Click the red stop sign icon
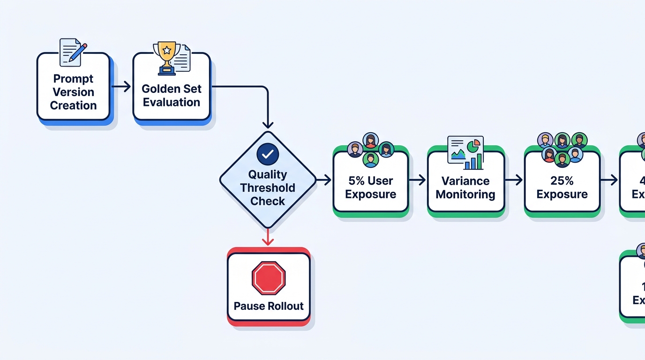269,278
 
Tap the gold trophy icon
167,57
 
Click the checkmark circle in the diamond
268,154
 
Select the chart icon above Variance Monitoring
465,152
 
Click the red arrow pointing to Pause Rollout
268,237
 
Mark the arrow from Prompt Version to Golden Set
121,86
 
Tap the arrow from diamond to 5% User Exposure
323,180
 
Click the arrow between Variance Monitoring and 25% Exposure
514,180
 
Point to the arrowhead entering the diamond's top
268,124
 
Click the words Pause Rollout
269,306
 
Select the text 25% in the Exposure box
562,180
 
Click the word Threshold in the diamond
268,187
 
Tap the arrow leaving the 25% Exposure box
609,180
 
